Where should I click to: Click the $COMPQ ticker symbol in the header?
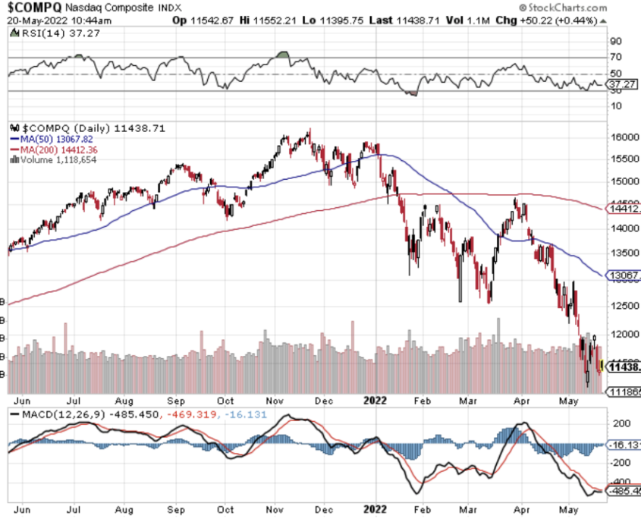[x=33, y=8]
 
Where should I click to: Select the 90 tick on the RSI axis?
[x=615, y=41]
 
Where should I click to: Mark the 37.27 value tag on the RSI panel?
[x=624, y=85]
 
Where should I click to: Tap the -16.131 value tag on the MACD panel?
[x=625, y=445]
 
